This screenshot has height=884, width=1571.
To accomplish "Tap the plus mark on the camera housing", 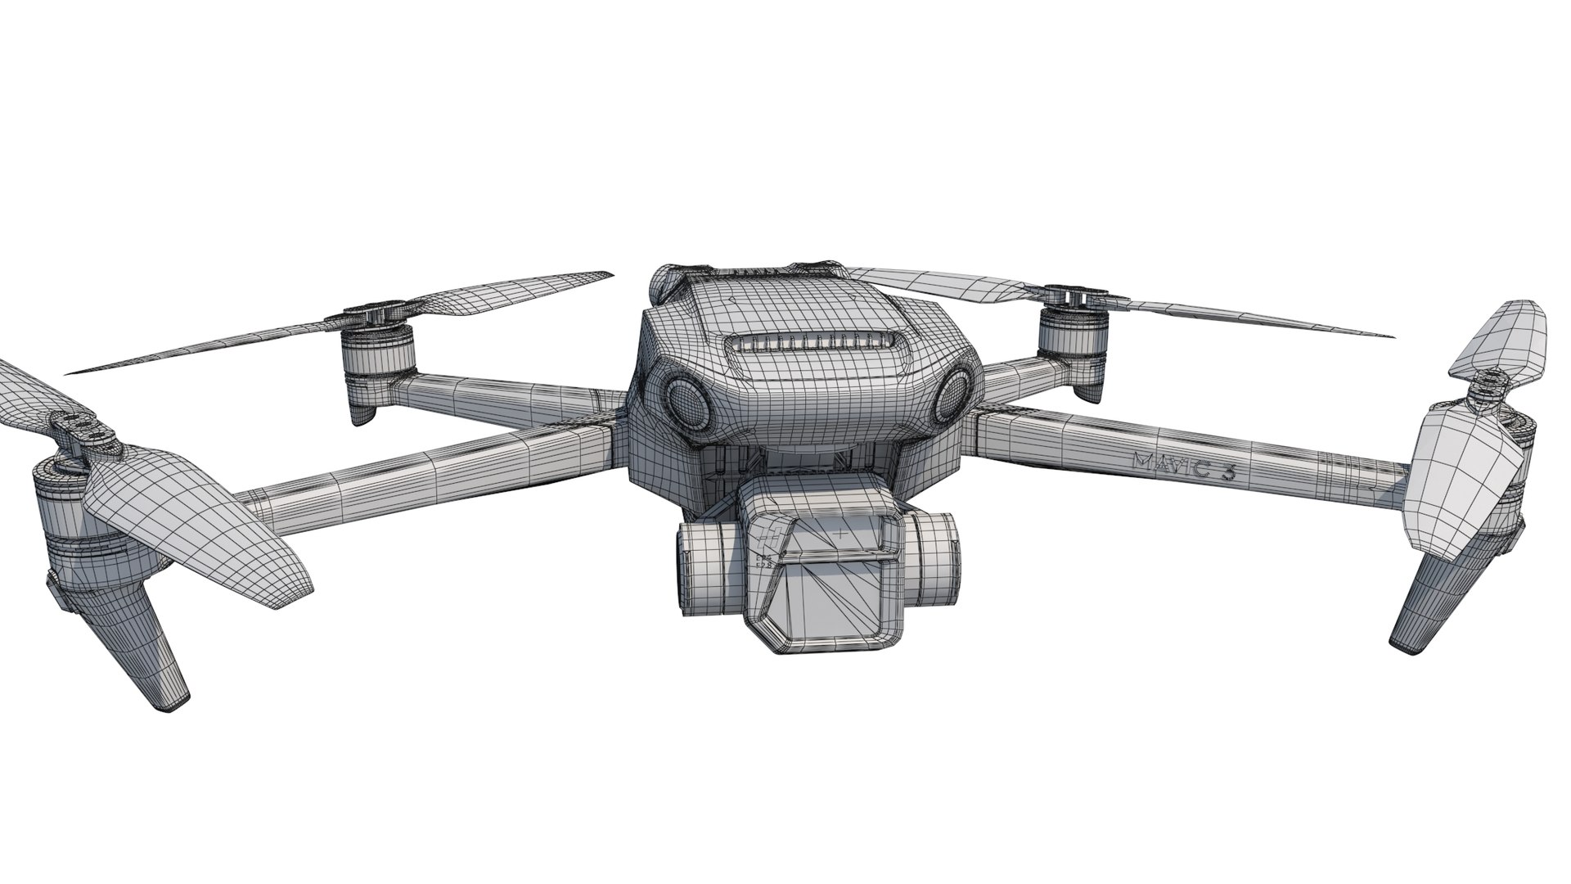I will pyautogui.click(x=841, y=533).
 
